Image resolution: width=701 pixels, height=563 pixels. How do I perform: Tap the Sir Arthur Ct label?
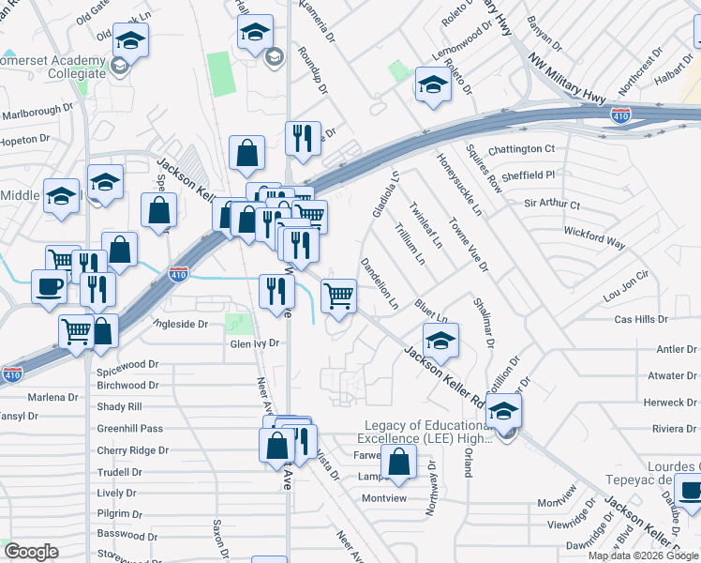552,204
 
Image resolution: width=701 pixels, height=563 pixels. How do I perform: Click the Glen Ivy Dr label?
255,343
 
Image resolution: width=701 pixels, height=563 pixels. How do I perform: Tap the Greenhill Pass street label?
129,429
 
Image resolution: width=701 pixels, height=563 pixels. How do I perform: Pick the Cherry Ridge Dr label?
132,450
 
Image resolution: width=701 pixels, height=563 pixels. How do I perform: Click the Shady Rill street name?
119,407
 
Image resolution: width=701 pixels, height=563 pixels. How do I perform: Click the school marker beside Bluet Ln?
440,340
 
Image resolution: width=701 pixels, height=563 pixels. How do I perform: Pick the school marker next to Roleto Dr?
433,84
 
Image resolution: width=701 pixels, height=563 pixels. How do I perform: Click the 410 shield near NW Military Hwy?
619,115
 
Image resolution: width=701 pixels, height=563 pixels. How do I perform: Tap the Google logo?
31,552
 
